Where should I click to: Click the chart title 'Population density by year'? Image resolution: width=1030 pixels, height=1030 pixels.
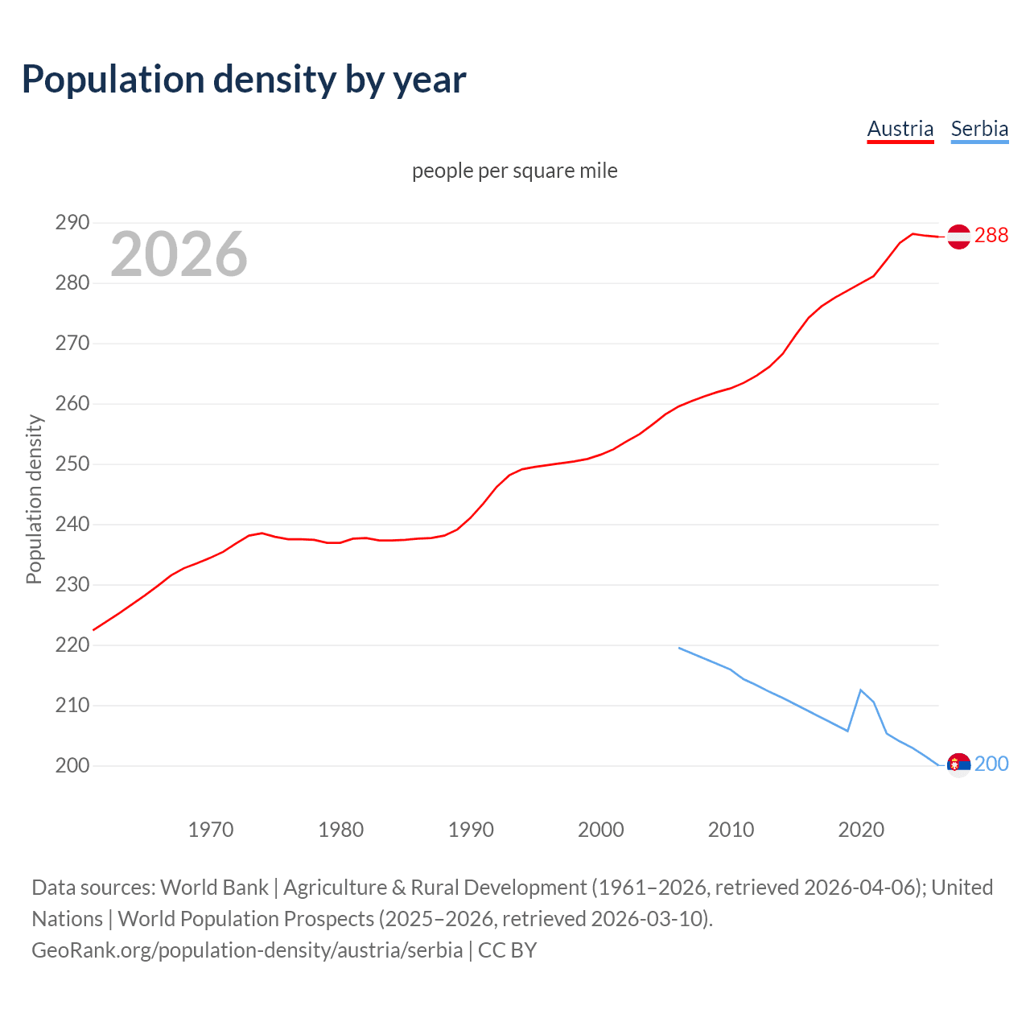pos(244,79)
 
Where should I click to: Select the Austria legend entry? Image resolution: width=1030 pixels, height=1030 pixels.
pos(900,129)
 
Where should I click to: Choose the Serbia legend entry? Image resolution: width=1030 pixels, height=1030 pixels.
pos(979,129)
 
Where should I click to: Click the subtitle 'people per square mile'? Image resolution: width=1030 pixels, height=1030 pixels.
pos(514,171)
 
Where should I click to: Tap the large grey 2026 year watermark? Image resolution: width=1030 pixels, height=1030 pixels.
pos(179,254)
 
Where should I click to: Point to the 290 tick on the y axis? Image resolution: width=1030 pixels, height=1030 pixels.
pos(72,223)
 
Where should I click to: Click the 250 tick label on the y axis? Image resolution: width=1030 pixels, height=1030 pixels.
pos(72,464)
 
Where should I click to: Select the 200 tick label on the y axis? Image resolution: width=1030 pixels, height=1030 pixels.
pos(72,765)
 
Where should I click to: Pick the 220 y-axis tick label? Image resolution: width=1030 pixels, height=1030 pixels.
pos(72,645)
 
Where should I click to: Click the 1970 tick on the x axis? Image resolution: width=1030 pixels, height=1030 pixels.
pos(211,830)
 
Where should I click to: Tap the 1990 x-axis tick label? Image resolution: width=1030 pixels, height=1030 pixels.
pos(471,830)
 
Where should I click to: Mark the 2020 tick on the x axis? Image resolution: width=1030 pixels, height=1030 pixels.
pos(861,830)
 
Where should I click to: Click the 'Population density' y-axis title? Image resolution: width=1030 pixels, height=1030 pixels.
pos(34,499)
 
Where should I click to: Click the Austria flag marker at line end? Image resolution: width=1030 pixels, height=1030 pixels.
pos(958,237)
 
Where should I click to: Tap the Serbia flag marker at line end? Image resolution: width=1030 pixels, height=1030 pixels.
pos(958,764)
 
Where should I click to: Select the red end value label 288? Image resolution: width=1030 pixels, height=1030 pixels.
pos(991,235)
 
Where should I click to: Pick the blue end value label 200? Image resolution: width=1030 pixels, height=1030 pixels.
pos(991,764)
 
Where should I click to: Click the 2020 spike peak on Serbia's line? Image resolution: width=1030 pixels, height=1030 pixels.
pos(861,690)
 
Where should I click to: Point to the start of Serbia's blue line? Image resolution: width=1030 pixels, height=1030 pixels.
pos(679,648)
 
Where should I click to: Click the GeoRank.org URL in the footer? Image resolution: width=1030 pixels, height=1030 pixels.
pos(247,950)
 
